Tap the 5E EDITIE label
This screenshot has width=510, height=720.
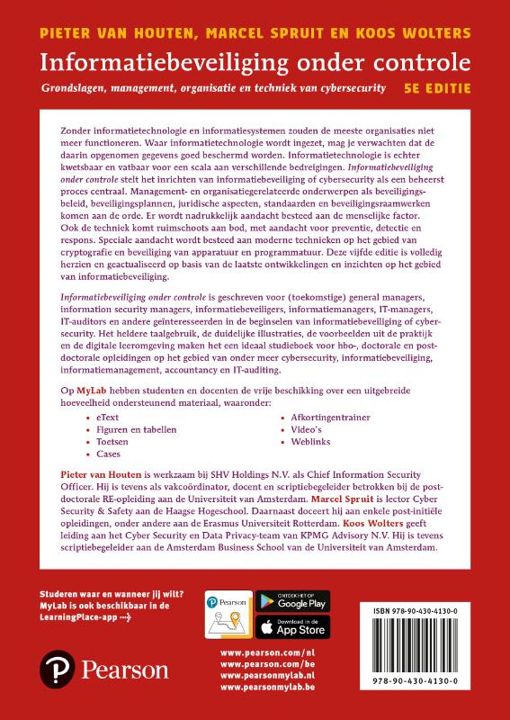pos(437,89)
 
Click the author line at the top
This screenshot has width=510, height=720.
pos(255,33)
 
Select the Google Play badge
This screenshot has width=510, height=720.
pos(292,601)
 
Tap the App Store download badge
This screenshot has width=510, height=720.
pos(292,626)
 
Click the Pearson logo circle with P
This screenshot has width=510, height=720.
pos(56,670)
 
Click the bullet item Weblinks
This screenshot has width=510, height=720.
pos(308,442)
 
